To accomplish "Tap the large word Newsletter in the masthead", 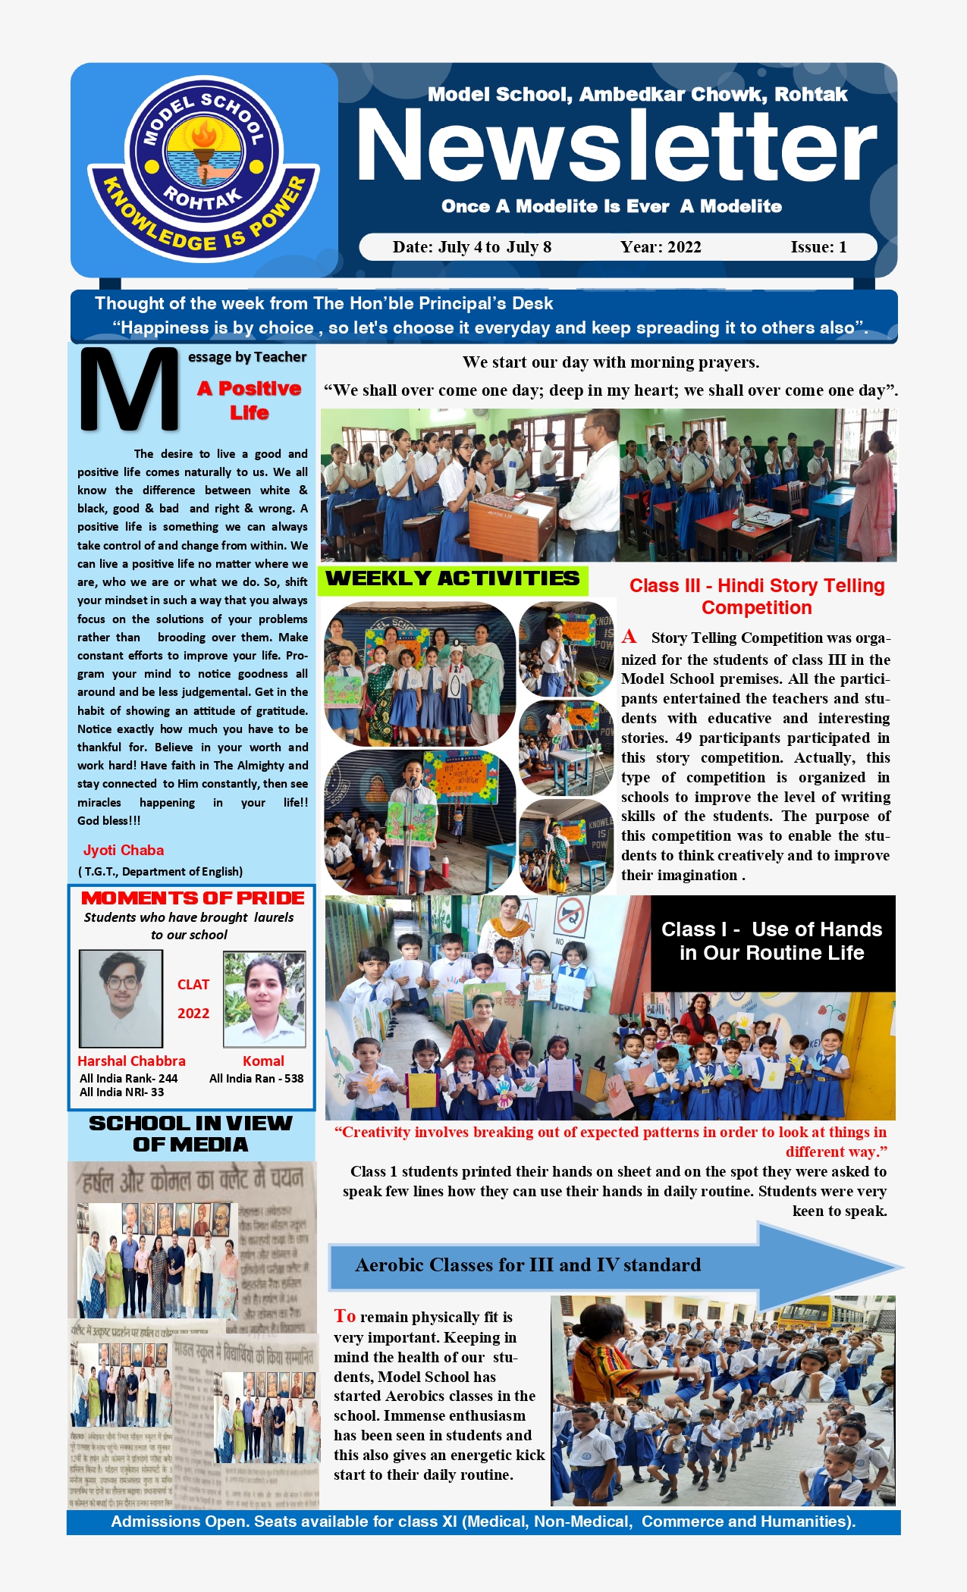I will [616, 146].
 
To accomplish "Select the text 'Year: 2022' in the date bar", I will [661, 247].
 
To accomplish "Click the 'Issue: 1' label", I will [818, 247].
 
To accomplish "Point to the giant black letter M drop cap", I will [128, 390].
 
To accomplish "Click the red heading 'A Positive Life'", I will [250, 400].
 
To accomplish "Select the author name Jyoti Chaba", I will [124, 850].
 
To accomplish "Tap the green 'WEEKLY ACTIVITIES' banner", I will [453, 579].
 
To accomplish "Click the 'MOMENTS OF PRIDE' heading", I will [193, 898].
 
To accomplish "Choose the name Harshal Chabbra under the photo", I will [131, 1061].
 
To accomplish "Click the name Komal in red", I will [263, 1061].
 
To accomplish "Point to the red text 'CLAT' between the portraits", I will [193, 985].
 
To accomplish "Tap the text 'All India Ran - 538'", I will [256, 1079].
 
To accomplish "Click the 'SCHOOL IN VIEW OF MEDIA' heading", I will [190, 1134].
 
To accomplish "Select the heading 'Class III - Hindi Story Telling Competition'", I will [757, 597].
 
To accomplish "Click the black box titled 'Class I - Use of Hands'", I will [772, 942].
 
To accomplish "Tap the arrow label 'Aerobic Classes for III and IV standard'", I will [528, 1265].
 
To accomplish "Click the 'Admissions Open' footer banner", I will [483, 1521].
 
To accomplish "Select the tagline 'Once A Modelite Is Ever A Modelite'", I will [611, 206].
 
